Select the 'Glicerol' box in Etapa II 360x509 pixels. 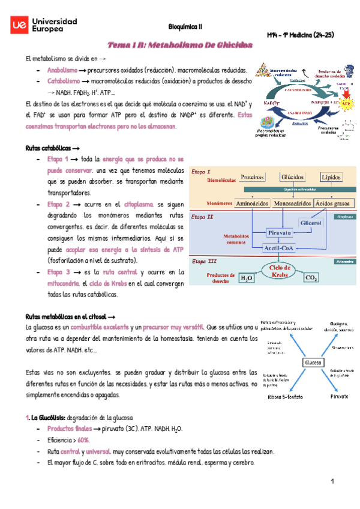coord(312,223)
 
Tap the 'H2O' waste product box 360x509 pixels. coord(247,278)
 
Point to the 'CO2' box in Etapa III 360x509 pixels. coord(311,278)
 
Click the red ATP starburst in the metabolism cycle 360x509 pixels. coord(345,104)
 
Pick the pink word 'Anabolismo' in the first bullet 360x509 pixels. coord(63,70)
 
